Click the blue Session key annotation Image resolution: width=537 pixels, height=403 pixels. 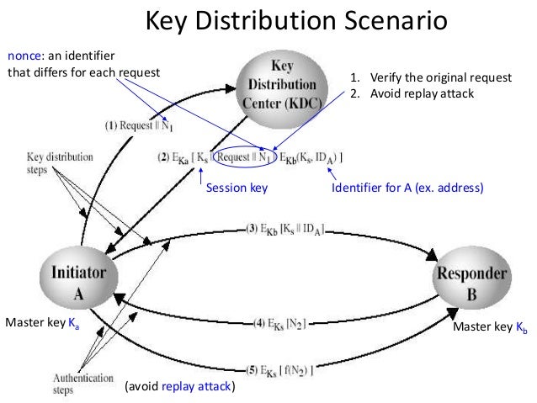[x=237, y=189]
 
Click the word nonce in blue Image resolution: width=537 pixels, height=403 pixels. [x=23, y=55]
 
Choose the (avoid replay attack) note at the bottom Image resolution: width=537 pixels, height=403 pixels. [x=179, y=387]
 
